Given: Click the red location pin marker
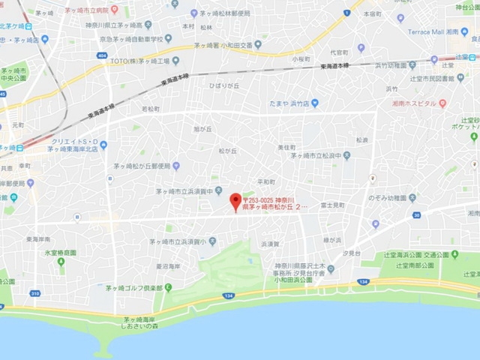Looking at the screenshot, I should click(x=235, y=201).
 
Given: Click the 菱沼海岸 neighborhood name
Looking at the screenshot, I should click(x=168, y=266).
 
